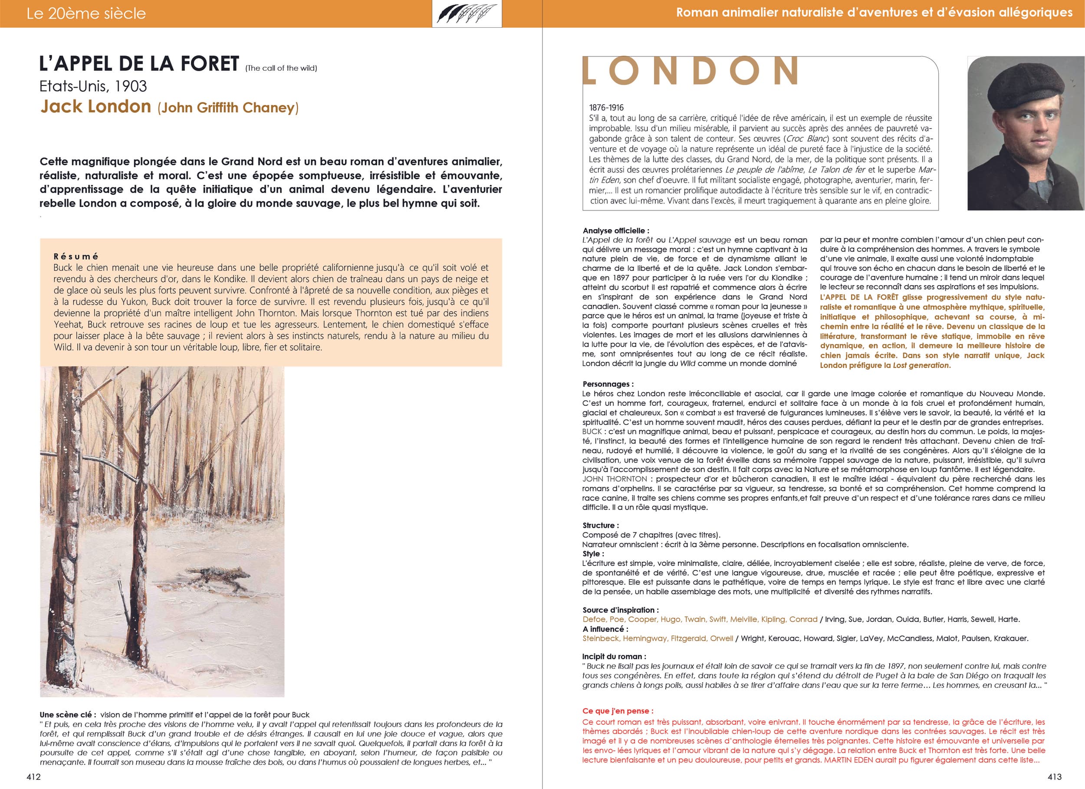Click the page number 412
click(x=33, y=777)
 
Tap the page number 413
click(x=1054, y=777)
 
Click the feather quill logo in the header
click(x=467, y=13)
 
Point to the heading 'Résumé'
click(x=76, y=256)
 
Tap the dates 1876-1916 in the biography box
click(x=606, y=108)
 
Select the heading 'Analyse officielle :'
click(x=616, y=230)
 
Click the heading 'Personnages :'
click(x=608, y=384)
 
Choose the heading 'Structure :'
click(x=600, y=526)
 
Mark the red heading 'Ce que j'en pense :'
click(x=618, y=711)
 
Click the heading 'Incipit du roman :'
click(x=614, y=657)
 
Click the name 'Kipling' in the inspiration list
click(x=773, y=619)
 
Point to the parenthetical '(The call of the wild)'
click(x=281, y=69)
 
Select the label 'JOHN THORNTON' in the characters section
click(x=614, y=479)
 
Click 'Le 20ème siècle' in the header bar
click(x=86, y=13)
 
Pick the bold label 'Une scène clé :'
click(x=68, y=715)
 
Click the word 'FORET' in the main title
click(x=210, y=64)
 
